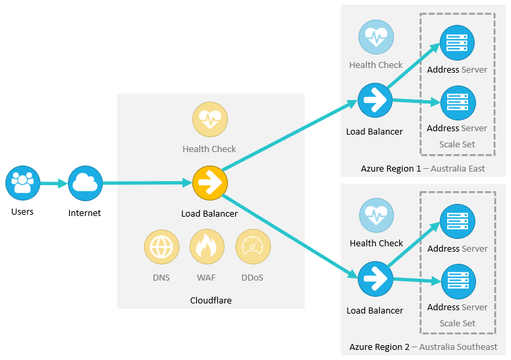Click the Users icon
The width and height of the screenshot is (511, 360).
coord(23,183)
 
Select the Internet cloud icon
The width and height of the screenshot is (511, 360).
coord(85,183)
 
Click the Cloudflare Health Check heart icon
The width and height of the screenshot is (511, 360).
coord(210,120)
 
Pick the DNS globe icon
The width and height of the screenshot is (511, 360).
coord(161,247)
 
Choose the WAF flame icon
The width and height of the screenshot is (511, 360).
coord(207,247)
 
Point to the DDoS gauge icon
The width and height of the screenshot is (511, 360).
coord(253,247)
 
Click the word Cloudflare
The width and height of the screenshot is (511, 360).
coord(210,300)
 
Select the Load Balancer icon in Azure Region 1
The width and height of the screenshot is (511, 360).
coord(375,100)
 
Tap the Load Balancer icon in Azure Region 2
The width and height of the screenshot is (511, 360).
coord(375,279)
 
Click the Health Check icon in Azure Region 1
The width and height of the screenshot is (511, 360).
coord(375,38)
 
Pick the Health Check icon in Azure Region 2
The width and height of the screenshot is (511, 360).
coord(375,216)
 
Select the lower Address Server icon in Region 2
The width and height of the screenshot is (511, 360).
coord(457,281)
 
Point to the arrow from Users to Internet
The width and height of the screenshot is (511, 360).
coord(54,183)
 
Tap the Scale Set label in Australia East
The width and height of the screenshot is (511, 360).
coord(457,144)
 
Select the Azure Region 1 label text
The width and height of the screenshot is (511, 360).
coord(390,168)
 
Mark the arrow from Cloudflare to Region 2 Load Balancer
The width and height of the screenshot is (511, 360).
coord(289,236)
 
